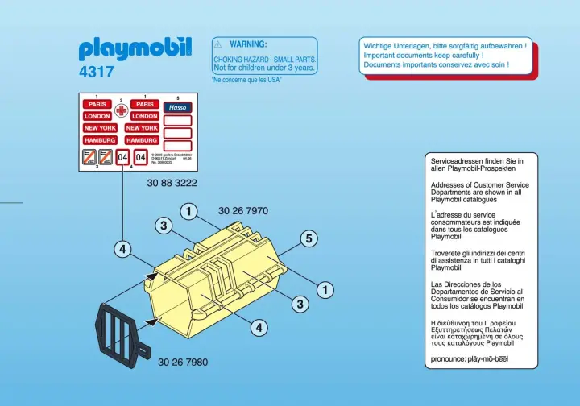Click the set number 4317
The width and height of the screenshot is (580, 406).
click(96, 72)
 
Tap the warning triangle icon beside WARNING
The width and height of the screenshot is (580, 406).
click(218, 43)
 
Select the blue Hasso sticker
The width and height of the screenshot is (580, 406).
click(177, 106)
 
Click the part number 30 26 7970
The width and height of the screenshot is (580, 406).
click(242, 211)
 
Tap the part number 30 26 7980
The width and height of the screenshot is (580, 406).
click(183, 362)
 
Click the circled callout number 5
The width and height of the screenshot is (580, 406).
click(307, 238)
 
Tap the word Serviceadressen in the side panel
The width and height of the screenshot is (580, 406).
click(455, 161)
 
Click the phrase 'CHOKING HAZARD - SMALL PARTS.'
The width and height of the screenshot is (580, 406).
click(264, 60)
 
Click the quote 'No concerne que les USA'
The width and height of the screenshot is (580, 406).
click(246, 80)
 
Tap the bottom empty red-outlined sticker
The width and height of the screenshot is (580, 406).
click(177, 145)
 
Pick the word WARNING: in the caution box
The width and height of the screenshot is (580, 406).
click(248, 43)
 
